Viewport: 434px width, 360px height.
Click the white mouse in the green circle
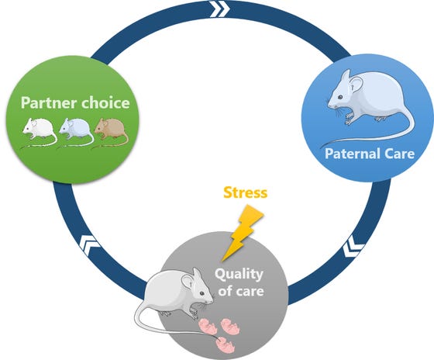tap(39, 129)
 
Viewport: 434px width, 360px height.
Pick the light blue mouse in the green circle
tap(75, 130)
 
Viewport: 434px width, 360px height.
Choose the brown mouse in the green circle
tap(111, 129)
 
